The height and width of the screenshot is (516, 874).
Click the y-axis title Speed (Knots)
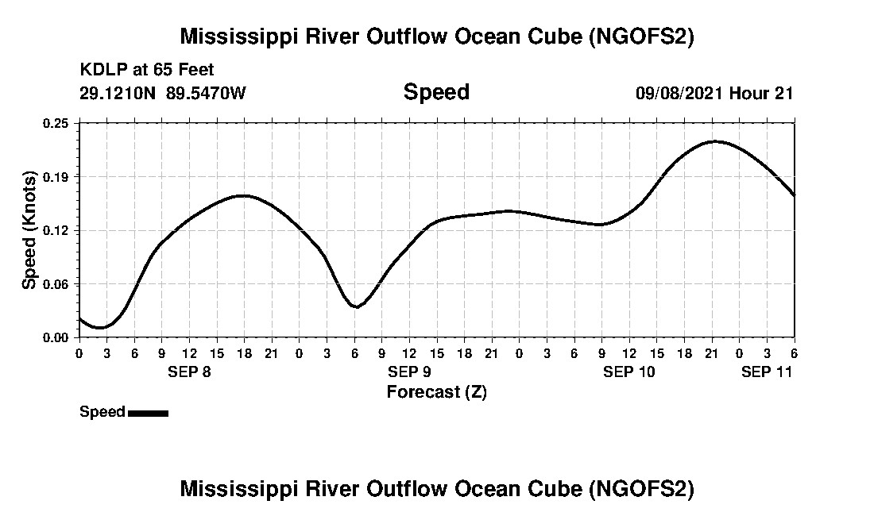(29, 230)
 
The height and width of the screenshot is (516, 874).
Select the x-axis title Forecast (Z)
(436, 391)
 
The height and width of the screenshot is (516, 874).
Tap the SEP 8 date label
(189, 372)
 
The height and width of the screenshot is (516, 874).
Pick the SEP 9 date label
(409, 372)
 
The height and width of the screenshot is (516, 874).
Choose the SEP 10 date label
(629, 372)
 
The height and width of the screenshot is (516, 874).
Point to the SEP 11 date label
(768, 372)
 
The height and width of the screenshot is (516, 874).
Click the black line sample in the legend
(148, 413)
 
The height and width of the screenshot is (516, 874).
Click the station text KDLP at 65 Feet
(147, 70)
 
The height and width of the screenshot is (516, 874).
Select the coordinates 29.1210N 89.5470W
(163, 93)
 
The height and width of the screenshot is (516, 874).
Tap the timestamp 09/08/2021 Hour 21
(714, 93)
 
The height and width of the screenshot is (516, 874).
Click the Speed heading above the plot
(436, 92)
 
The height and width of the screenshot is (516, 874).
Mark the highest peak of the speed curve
(715, 141)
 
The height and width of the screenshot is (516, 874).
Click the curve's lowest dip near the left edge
(100, 327)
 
